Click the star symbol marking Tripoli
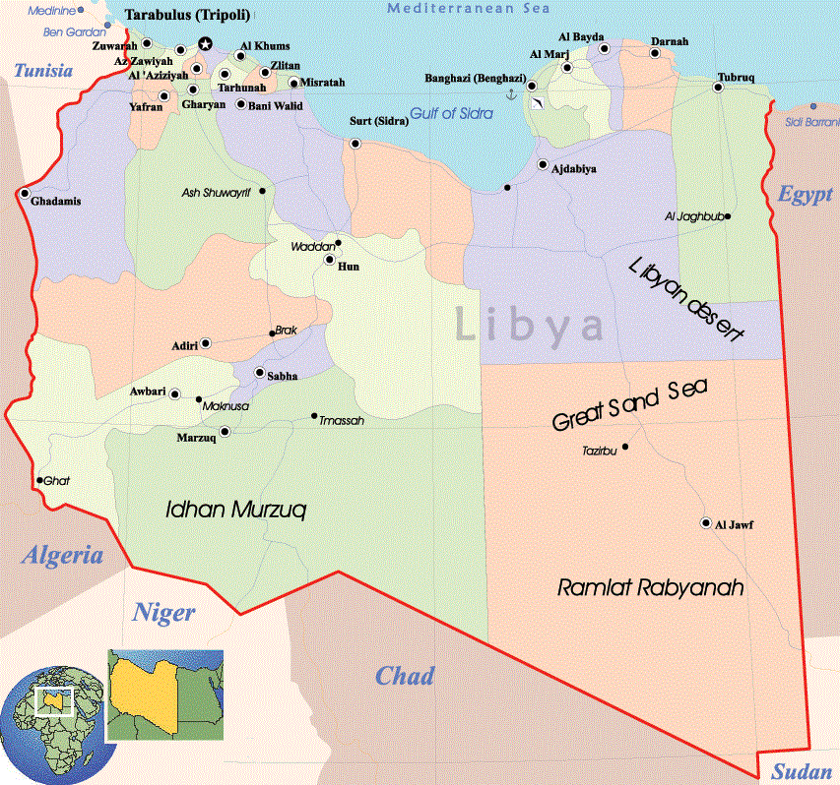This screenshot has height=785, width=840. point(205,43)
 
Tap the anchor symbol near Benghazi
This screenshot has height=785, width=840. point(510,93)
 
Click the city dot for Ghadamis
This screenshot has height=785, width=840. point(24,193)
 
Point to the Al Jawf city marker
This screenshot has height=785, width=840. point(705,523)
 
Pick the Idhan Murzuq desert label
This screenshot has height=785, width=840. point(236,510)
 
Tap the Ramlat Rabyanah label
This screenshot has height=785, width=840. point(650,587)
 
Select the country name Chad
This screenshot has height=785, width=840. point(404,676)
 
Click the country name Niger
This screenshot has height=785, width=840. point(163,613)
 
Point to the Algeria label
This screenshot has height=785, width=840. point(62,555)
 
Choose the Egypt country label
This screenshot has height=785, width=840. point(805,194)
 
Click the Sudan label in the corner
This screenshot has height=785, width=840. point(802,772)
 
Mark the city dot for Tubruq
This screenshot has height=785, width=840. point(719,88)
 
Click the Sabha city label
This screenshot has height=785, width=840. point(276,375)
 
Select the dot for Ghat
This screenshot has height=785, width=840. point(39,481)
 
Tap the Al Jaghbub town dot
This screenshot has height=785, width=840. point(727,216)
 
